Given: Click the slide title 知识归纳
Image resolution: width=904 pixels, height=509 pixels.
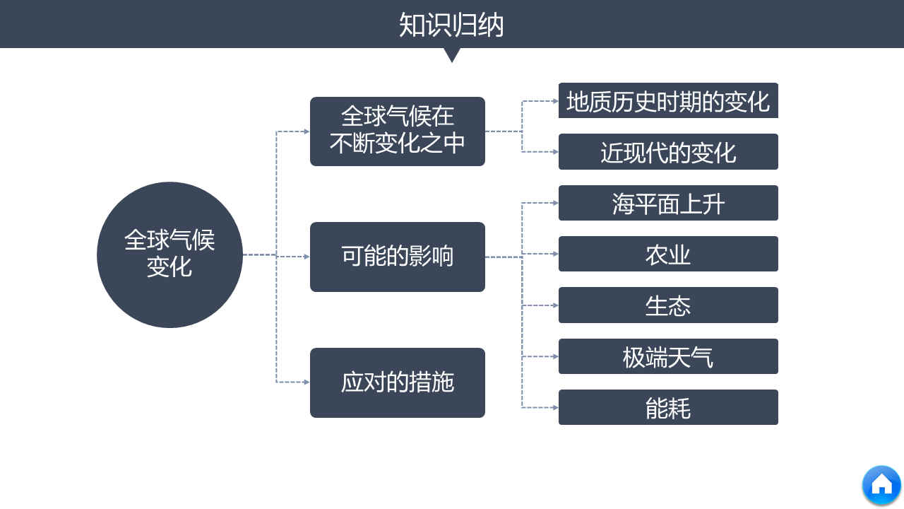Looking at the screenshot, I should pyautogui.click(x=451, y=25).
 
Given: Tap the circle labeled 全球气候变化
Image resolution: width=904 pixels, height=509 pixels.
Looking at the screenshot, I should pyautogui.click(x=169, y=255).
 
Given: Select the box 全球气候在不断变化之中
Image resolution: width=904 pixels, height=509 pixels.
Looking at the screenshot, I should pyautogui.click(x=398, y=131).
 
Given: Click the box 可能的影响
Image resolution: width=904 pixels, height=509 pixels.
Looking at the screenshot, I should pyautogui.click(x=398, y=257).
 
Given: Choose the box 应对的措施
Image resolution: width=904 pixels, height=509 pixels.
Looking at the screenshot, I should pyautogui.click(x=398, y=382).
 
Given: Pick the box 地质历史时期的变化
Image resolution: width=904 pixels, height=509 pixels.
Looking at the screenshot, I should pyautogui.click(x=668, y=101).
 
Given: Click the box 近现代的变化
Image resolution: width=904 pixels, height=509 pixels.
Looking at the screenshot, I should pyautogui.click(x=668, y=152).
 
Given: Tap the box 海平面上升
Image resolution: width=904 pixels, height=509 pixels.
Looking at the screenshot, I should pyautogui.click(x=668, y=204).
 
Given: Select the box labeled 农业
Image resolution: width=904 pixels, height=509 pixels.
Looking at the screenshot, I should pyautogui.click(x=668, y=255).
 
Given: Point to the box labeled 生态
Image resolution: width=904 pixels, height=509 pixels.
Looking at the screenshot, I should pyautogui.click(x=668, y=305).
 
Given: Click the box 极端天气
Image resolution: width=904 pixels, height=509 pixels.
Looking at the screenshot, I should pyautogui.click(x=668, y=357).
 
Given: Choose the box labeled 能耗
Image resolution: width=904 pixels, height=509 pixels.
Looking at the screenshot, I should pyautogui.click(x=668, y=408).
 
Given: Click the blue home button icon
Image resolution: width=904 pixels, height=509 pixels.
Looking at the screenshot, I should pyautogui.click(x=881, y=485).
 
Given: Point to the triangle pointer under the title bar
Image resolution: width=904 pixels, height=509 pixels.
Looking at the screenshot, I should pyautogui.click(x=452, y=54).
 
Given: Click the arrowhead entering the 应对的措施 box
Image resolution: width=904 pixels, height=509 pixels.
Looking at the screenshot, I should pyautogui.click(x=307, y=382).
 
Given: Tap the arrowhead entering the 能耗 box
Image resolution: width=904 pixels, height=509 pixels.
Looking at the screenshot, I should pyautogui.click(x=555, y=408).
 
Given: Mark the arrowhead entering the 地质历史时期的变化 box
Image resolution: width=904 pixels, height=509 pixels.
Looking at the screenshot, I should pyautogui.click(x=555, y=101).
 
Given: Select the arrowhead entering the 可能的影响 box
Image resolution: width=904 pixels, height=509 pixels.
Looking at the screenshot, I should pyautogui.click(x=307, y=257).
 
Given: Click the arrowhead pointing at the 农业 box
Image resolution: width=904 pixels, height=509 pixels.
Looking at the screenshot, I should pyautogui.click(x=555, y=254).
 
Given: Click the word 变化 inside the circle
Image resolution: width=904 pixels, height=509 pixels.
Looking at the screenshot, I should pyautogui.click(x=169, y=268).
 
